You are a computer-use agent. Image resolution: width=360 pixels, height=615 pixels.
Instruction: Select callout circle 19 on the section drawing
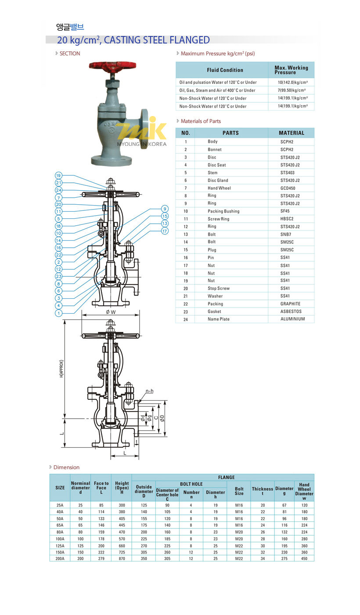pos(58,175)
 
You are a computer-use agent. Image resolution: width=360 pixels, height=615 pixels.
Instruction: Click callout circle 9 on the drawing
pos(165,209)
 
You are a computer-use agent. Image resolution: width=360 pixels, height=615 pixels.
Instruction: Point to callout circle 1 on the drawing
pos(58,313)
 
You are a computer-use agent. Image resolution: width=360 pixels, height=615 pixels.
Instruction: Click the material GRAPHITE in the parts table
pos(290,304)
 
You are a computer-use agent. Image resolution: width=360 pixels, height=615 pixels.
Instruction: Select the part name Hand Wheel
pos(219,188)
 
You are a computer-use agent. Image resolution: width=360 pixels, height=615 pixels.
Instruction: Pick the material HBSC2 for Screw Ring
pos(287,219)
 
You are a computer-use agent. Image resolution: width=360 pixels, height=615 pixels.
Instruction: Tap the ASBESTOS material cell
pos(291,311)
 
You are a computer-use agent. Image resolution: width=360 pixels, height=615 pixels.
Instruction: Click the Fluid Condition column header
pos(225,70)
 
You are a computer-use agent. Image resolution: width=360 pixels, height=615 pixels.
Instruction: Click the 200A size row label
pos(60,558)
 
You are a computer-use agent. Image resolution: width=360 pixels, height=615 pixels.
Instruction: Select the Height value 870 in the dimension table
pos(122,558)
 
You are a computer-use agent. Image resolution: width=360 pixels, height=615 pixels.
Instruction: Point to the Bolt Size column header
pos(239,491)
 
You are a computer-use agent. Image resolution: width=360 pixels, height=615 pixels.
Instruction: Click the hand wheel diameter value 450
pos(304,558)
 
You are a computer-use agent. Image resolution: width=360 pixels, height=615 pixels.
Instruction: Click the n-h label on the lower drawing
pos(149,391)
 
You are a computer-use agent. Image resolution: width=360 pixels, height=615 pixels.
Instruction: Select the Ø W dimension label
pos(111,312)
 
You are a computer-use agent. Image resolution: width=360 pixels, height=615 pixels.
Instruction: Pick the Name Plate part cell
pos(219,319)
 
